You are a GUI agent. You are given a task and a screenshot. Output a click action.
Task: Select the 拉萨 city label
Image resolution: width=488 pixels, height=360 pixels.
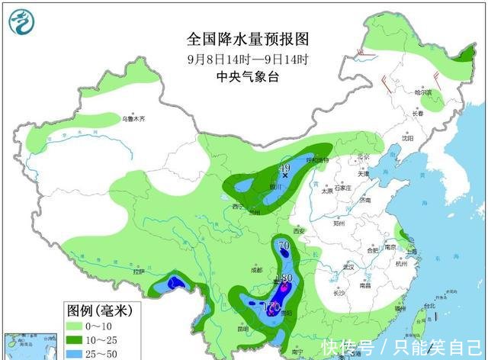[137, 272]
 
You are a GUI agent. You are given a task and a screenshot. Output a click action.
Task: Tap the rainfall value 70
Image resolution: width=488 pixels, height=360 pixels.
[284, 246]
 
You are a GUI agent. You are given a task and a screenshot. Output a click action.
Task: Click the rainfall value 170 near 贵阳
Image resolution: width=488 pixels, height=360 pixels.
[271, 307]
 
